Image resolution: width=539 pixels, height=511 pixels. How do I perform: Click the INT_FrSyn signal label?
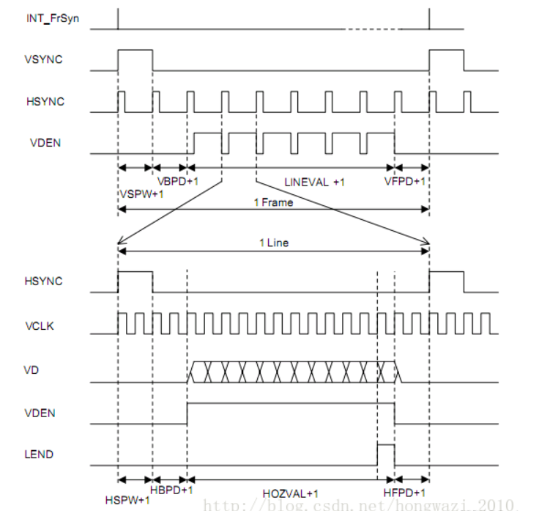pyautogui.click(x=52, y=19)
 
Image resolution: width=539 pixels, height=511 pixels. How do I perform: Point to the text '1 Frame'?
pyautogui.click(x=272, y=203)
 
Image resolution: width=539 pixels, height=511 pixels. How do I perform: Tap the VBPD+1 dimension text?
pyautogui.click(x=177, y=180)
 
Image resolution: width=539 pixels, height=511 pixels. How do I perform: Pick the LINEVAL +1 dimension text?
pyautogui.click(x=313, y=181)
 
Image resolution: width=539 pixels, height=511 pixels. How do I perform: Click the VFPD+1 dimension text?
pyautogui.click(x=405, y=180)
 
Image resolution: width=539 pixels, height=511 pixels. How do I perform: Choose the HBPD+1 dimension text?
pyautogui.click(x=171, y=489)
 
